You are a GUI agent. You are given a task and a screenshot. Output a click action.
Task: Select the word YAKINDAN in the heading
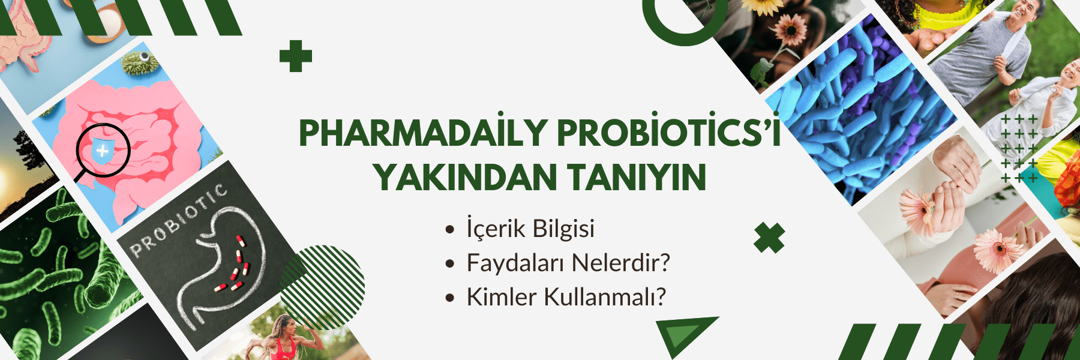click(x=465, y=178)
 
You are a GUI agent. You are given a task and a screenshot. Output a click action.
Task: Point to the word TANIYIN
click(x=637, y=178)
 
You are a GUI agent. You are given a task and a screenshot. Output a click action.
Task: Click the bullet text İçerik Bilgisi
click(x=530, y=229)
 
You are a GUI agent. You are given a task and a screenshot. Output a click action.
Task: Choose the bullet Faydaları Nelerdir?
click(x=568, y=263)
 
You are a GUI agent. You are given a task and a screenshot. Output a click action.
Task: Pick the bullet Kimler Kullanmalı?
click(x=566, y=297)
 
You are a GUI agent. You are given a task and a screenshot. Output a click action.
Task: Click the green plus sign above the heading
click(x=296, y=56)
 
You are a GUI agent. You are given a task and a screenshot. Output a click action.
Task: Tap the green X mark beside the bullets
click(x=769, y=238)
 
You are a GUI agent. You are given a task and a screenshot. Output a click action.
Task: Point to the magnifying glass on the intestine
click(x=99, y=155)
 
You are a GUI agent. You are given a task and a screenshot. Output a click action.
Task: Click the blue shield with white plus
click(x=103, y=151)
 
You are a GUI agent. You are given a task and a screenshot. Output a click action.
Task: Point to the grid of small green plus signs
click(x=1019, y=148)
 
